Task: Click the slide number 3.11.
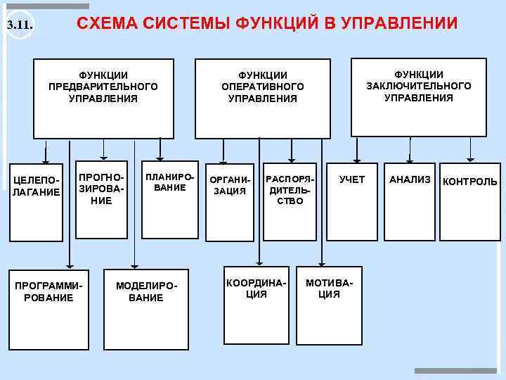coord(20,27)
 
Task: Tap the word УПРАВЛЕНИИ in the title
coord(398,24)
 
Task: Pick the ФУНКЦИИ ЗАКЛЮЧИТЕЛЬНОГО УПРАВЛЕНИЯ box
coord(418,96)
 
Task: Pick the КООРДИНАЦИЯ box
coord(256,303)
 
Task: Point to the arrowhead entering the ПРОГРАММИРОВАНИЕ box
coord(69,265)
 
